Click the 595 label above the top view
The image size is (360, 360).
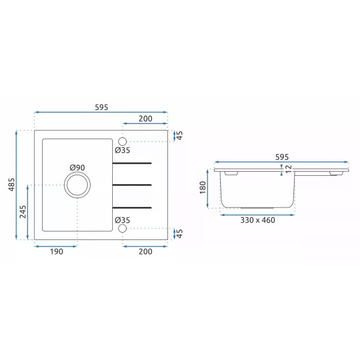(x=101, y=107)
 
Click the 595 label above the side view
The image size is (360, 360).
(x=282, y=157)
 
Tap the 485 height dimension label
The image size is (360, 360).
(x=11, y=184)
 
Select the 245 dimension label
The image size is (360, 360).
(x=23, y=212)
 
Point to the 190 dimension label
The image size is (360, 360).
(x=56, y=251)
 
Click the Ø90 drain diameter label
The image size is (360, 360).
(x=77, y=167)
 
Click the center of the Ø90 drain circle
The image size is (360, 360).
(x=77, y=185)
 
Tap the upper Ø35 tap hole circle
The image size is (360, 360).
(x=122, y=142)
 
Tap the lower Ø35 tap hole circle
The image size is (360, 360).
(x=122, y=229)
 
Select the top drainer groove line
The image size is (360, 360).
(x=132, y=163)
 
